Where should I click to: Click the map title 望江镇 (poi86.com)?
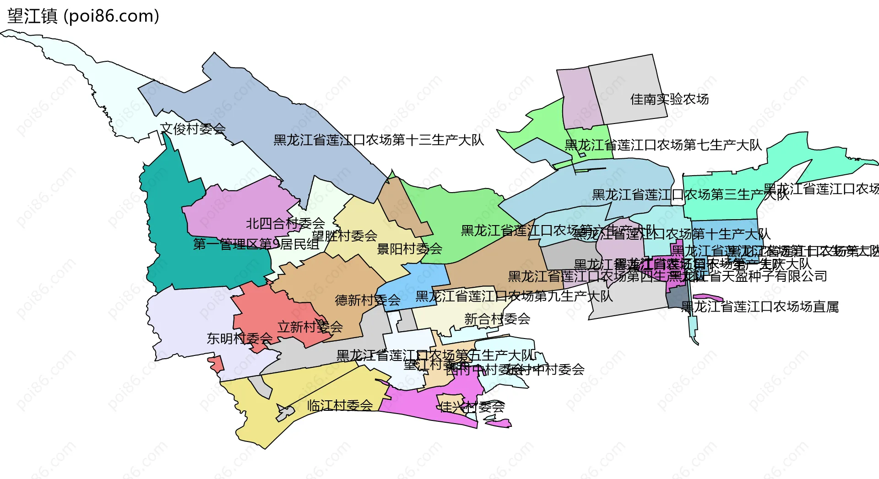pos(83,16)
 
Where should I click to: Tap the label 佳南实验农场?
pos(669,99)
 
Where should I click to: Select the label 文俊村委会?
pos(193,129)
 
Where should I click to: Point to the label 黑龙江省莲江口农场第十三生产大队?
pos(378,140)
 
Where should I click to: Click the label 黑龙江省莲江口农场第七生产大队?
pos(663,145)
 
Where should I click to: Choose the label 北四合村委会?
pos(285,224)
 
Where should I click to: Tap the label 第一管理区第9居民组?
pos(256,244)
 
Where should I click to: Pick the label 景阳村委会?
pos(409,249)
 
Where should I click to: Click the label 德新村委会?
pos(368,300)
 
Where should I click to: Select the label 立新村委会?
pos(310,327)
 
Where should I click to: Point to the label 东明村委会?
pos(239,339)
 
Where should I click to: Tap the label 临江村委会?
pos(340,405)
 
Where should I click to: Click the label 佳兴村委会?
pos(472,407)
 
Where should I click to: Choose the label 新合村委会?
pos(497,319)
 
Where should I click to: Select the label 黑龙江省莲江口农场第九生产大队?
pos(514,296)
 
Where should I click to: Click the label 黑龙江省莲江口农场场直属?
pos(760,307)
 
